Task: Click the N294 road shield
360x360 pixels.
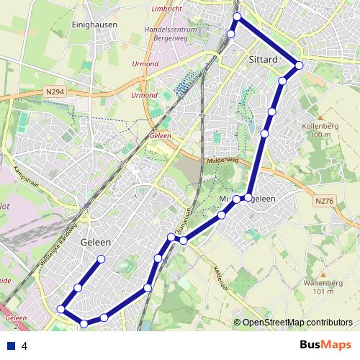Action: click(x=55, y=92)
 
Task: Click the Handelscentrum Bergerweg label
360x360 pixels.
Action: click(x=171, y=34)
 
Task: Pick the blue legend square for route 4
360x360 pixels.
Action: click(x=11, y=346)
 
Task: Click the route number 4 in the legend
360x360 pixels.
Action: click(x=24, y=346)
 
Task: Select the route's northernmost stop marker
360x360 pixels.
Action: click(x=238, y=16)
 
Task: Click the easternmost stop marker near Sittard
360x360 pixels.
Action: click(x=299, y=66)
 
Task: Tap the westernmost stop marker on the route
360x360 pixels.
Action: click(x=61, y=309)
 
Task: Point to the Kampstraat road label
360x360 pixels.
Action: click(x=26, y=178)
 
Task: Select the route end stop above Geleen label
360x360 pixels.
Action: click(x=101, y=258)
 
